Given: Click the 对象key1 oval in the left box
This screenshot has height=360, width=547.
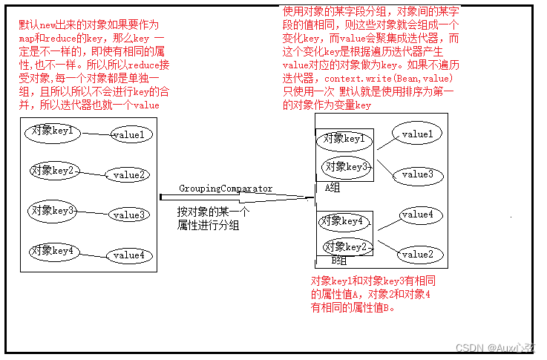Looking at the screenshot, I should click(53, 132).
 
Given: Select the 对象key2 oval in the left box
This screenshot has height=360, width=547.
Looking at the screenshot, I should click(53, 171).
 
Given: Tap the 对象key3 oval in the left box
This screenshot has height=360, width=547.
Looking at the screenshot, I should click(53, 211).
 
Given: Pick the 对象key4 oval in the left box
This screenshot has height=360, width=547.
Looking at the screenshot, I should click(53, 251).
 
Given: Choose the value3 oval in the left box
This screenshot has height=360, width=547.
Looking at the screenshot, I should click(129, 215).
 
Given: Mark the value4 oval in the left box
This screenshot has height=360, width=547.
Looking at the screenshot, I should click(128, 255).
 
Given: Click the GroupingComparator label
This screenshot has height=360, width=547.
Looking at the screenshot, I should click(226, 189).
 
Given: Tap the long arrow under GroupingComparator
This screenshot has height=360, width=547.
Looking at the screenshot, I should click(238, 197).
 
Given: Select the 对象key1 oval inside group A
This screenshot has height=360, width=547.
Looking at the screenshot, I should click(342, 139).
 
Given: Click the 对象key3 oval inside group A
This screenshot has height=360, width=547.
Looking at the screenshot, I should click(345, 167).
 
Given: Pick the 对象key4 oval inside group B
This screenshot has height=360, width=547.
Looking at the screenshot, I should click(342, 221).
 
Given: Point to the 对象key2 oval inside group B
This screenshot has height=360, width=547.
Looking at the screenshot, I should click(345, 246).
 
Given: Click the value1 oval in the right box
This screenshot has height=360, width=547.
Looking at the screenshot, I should click(416, 134).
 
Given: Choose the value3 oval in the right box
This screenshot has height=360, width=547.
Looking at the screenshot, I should click(416, 174).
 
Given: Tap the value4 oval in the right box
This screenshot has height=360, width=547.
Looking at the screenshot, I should click(416, 215).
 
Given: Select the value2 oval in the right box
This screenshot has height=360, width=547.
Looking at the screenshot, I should click(416, 255).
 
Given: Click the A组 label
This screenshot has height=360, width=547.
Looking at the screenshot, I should click(333, 189).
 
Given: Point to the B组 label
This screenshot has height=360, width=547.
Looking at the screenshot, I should click(338, 261).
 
